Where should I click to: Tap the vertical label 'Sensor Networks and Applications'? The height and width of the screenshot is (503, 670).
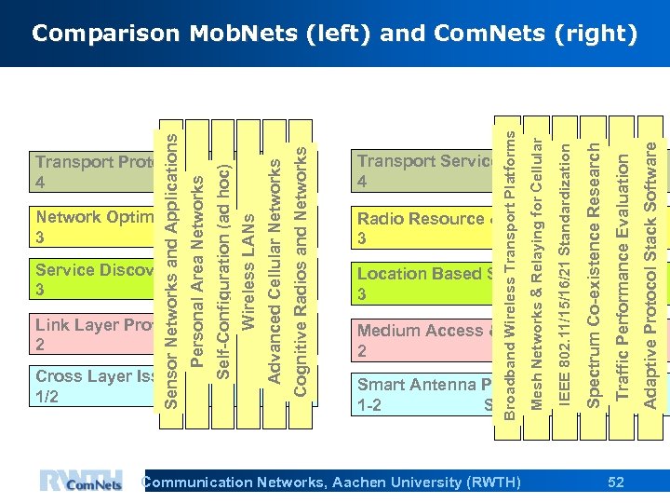click(171, 254)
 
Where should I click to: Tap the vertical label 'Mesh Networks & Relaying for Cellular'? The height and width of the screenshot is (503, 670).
click(536, 262)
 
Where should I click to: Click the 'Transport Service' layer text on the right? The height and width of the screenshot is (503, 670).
click(424, 161)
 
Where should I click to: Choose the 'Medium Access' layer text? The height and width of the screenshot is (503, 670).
click(420, 331)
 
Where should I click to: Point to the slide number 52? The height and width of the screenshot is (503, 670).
click(615, 482)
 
